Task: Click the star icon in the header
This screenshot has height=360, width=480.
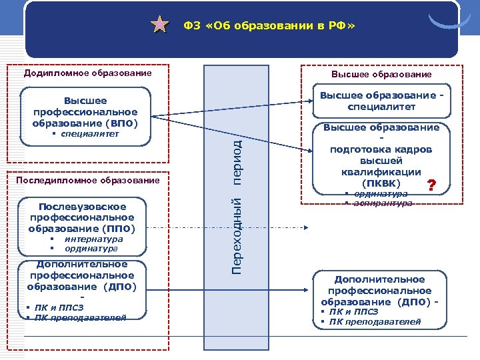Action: click(x=160, y=25)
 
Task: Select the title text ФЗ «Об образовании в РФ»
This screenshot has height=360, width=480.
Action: click(x=269, y=25)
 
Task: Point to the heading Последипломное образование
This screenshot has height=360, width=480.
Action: click(x=92, y=180)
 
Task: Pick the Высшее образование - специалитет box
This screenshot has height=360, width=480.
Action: click(x=381, y=101)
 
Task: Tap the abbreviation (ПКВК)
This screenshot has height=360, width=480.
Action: click(x=381, y=183)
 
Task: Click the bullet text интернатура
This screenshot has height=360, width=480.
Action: click(x=93, y=239)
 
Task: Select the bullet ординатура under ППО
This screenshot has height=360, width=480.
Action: click(x=92, y=249)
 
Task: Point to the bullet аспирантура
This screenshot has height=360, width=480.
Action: click(x=383, y=203)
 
